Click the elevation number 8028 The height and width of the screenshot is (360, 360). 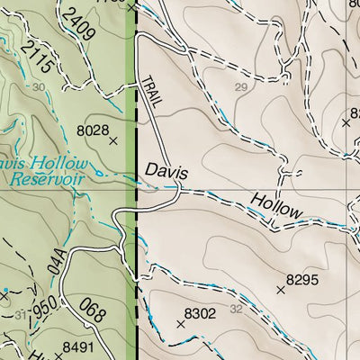pos(94,130)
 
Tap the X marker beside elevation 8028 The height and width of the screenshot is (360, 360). pos(112,141)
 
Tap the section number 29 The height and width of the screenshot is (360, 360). pos(239,87)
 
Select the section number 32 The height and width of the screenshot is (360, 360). pos(237,309)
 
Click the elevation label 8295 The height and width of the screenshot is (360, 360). pos(302,280)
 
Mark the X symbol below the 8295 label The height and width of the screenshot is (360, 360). pos(282,291)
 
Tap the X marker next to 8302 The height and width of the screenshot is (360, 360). pos(181,323)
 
